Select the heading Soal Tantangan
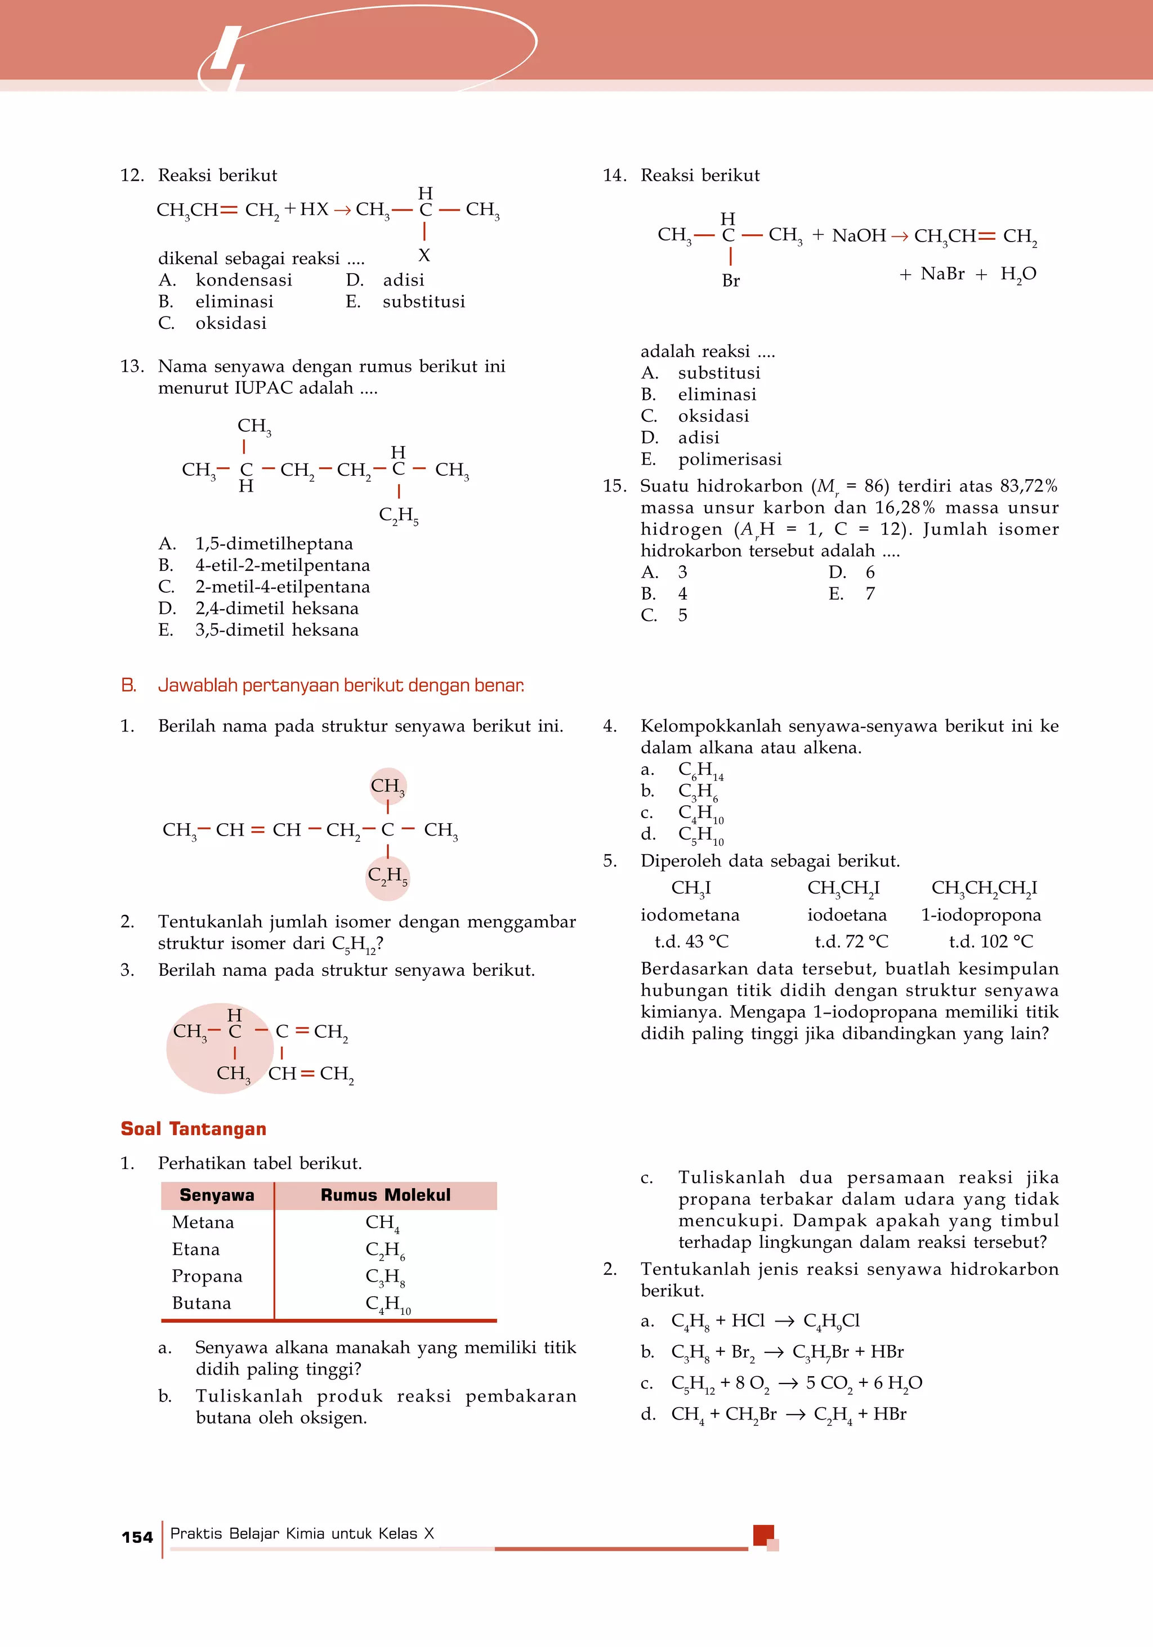(193, 1129)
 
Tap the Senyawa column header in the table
(217, 1195)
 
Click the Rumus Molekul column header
(385, 1195)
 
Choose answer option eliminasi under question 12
(234, 302)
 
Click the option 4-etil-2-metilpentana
(283, 565)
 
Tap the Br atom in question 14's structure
(731, 281)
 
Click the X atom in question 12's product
(424, 256)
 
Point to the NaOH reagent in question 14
(859, 236)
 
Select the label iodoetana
(847, 916)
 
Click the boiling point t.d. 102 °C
(991, 942)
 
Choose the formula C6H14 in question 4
(700, 770)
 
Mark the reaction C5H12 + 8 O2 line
(796, 1383)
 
